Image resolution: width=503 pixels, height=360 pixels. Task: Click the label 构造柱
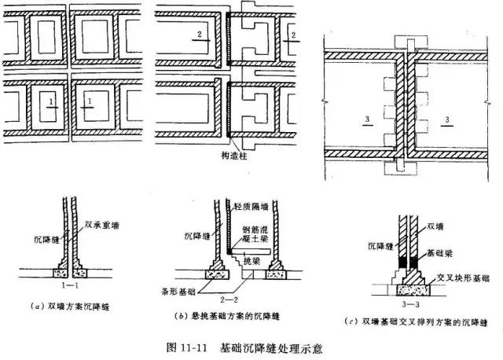coord(232,156)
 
